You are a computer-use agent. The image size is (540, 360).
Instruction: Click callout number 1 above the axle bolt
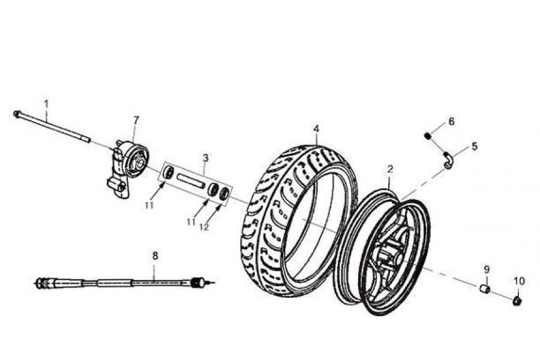tap(46, 103)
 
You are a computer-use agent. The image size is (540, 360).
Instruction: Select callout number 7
tap(136, 120)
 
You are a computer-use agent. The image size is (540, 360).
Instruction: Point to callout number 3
tap(205, 158)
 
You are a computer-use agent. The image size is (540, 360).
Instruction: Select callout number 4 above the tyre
tap(316, 128)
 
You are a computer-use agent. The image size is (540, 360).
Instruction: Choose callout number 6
tap(451, 121)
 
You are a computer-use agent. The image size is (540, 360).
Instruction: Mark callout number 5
tap(474, 146)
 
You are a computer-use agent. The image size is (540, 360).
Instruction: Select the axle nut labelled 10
tap(517, 299)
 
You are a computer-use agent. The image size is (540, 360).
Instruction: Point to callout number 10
tap(519, 280)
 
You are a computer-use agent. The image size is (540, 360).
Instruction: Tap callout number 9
tap(487, 269)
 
